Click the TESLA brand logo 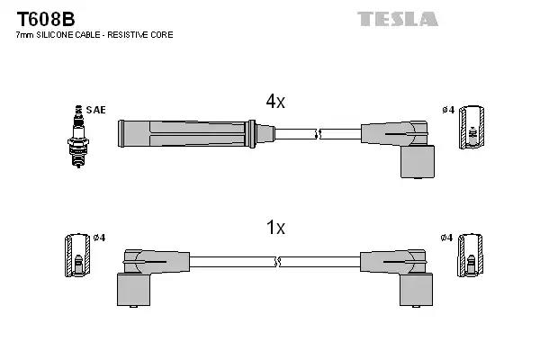397,19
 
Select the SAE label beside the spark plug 97,110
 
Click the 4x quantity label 275,103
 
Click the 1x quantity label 275,229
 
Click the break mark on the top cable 317,135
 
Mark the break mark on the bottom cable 278,261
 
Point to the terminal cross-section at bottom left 77,256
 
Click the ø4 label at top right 448,111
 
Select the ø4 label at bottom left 99,238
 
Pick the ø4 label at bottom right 448,238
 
